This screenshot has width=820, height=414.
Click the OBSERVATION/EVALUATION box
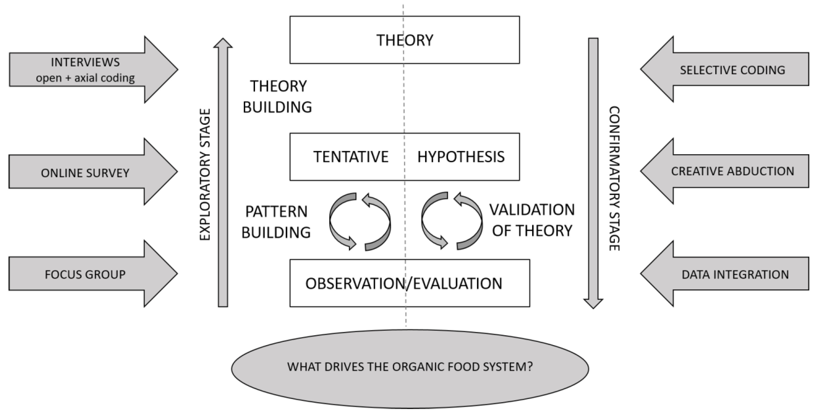404,283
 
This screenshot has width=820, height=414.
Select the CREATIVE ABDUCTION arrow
732,171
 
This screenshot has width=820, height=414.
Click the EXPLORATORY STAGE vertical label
205,174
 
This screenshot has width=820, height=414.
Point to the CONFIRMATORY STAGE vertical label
614,178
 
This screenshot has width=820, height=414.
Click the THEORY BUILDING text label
278,96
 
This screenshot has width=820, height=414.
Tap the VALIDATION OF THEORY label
532,220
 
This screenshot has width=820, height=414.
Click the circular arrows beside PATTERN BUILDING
360,221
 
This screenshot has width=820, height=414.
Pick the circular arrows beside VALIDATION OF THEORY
451,221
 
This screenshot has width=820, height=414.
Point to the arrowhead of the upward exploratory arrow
223,43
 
